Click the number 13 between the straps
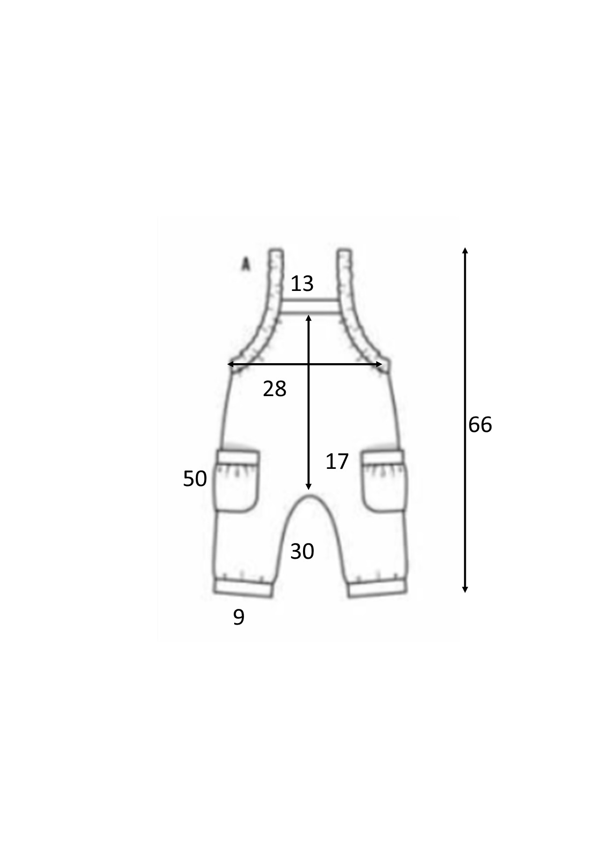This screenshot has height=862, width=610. tap(302, 284)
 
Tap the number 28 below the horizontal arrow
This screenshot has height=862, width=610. tap(274, 389)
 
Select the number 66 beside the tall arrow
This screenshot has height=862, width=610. tap(480, 425)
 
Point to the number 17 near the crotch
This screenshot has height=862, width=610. tap(337, 461)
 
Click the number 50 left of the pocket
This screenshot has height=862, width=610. tap(195, 479)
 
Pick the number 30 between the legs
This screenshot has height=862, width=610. tap(302, 551)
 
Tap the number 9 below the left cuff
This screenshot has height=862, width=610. tap(239, 617)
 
